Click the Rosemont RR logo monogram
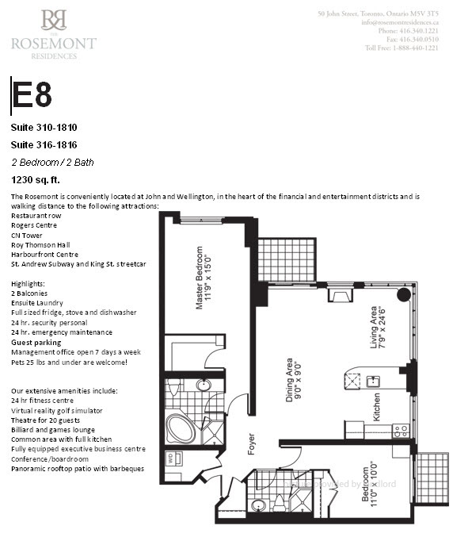[54, 20]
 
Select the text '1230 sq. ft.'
[36, 179]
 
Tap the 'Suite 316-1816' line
[44, 144]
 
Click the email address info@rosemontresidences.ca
[399, 22]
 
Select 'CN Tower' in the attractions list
[27, 235]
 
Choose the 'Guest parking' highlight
[36, 342]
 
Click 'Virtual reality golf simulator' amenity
[57, 410]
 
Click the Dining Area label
[294, 378]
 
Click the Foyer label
[252, 442]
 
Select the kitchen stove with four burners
[401, 431]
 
